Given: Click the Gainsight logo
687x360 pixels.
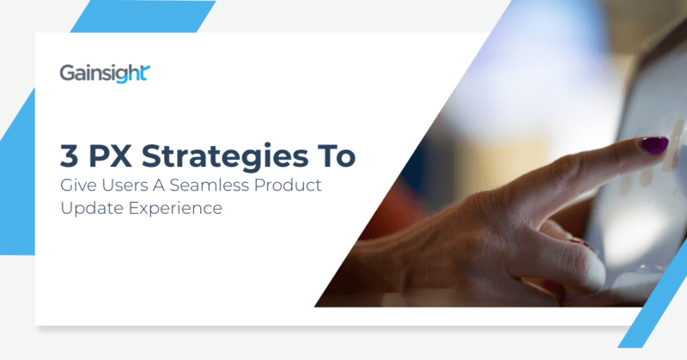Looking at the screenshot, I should (105, 74).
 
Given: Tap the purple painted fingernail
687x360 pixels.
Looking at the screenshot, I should (654, 144).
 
